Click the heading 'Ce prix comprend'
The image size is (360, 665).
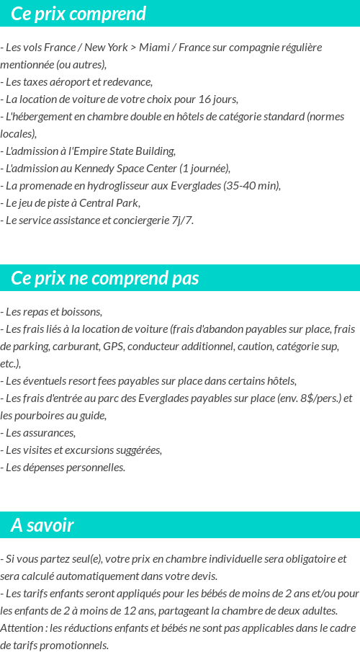point(78,14)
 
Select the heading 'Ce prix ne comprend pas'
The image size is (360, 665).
point(105,278)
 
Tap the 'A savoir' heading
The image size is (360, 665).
point(42,525)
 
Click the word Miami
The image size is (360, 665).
point(155,48)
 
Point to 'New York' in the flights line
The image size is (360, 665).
point(106,48)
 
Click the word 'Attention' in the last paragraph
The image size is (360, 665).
point(20,628)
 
